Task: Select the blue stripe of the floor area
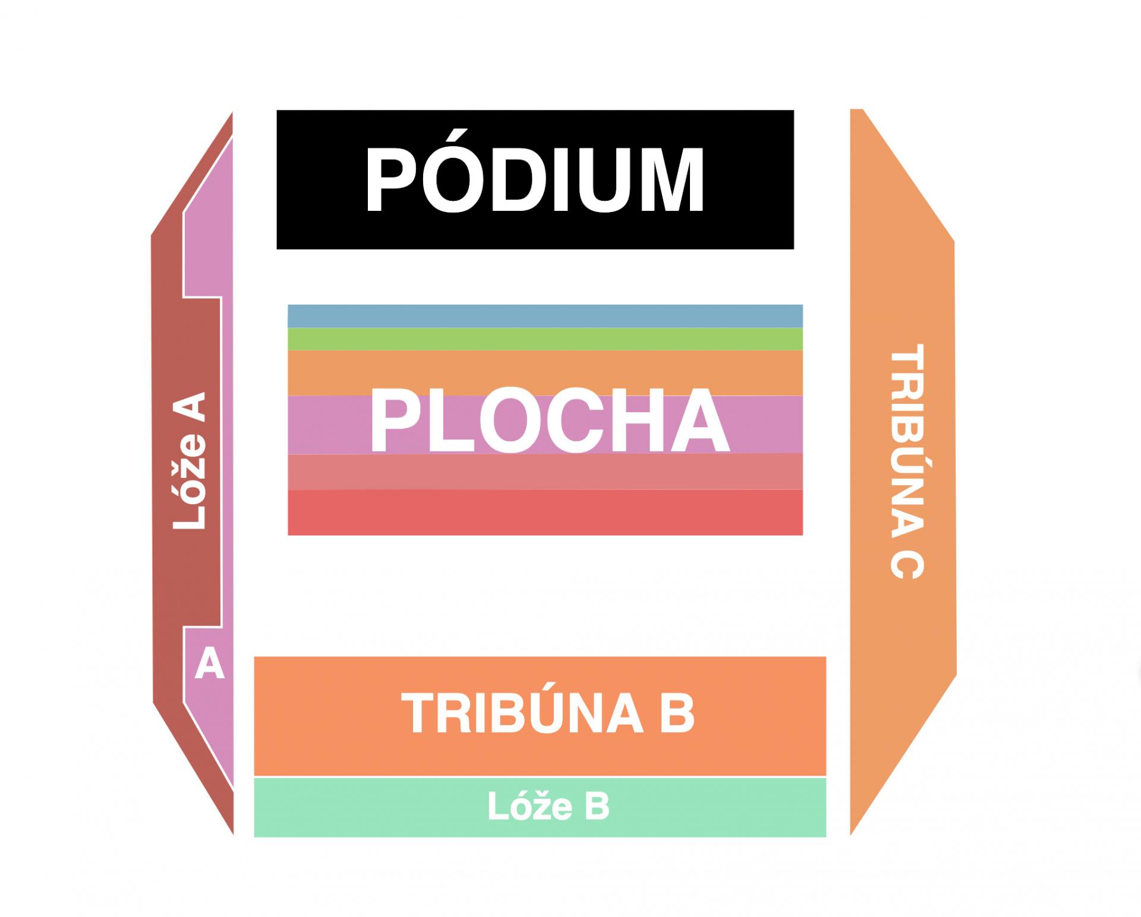[545, 316]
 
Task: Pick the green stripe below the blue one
[545, 339]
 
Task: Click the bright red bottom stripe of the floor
[545, 512]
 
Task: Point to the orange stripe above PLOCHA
[545, 373]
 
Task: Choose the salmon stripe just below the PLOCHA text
[545, 472]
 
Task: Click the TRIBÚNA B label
[548, 712]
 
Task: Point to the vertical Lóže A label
[189, 460]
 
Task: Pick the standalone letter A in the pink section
[209, 663]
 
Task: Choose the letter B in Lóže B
[598, 808]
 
